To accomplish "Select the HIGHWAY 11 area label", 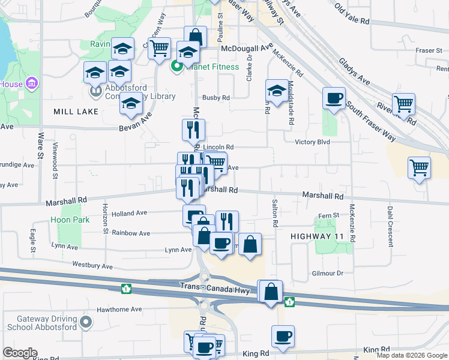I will pos(317,236).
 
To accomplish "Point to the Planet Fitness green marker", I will pos(178,67).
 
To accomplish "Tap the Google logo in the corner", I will pos(20,353).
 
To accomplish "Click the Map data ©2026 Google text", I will pos(412,355).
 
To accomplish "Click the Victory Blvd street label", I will pos(312,142).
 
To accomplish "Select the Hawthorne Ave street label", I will pos(120,310).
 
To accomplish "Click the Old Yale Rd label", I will pos(352,16).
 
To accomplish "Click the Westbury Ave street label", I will pos(92,265).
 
